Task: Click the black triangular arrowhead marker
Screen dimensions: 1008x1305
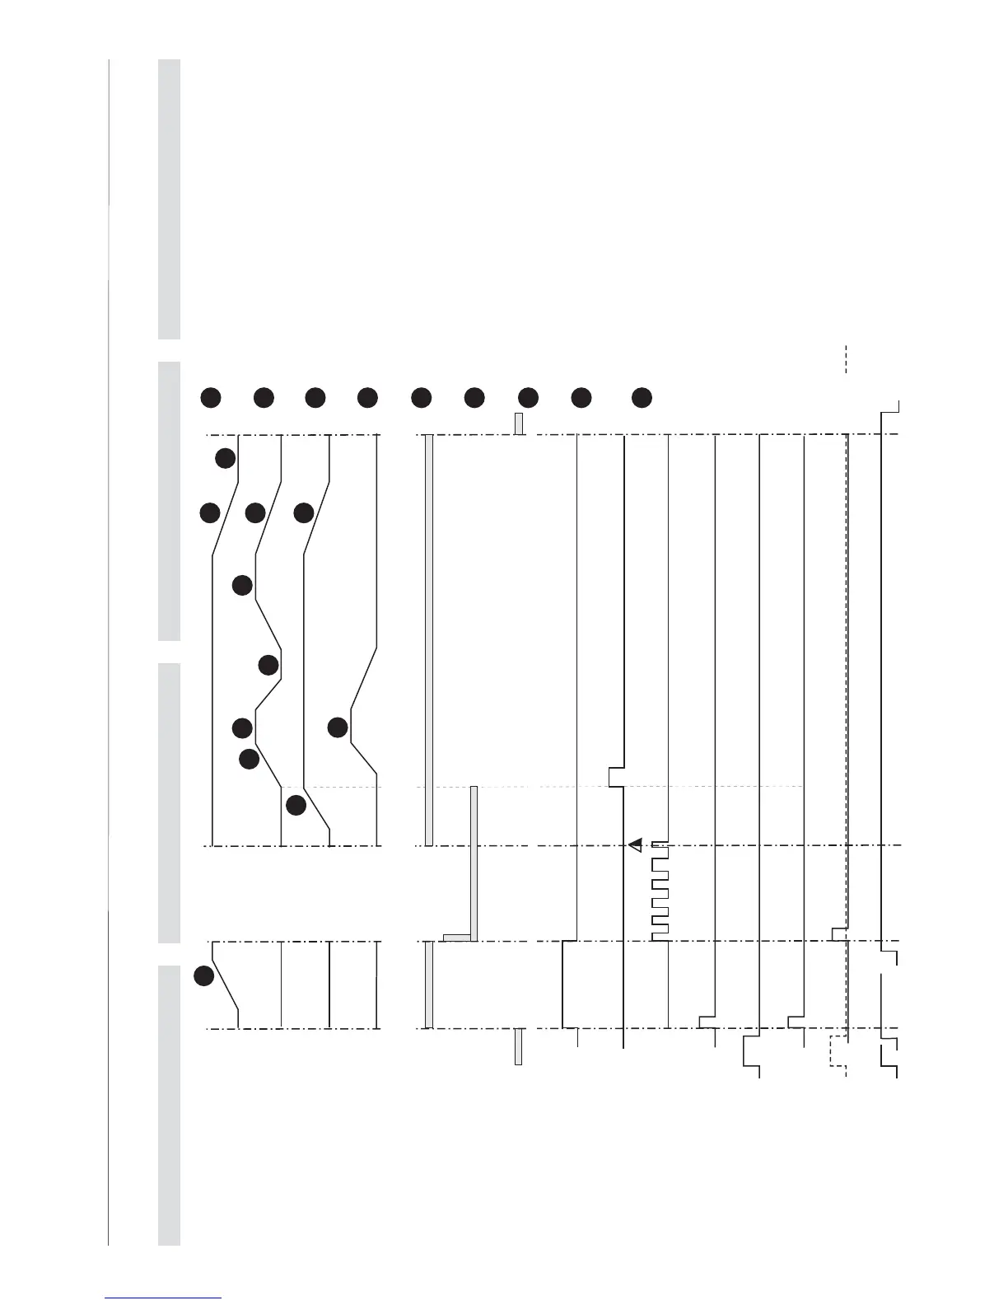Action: pyautogui.click(x=636, y=844)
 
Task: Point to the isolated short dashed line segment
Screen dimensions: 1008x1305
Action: pyautogui.click(x=846, y=358)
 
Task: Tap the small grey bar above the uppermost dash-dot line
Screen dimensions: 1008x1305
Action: pyautogui.click(x=519, y=423)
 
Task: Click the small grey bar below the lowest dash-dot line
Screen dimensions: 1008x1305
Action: pyautogui.click(x=518, y=1046)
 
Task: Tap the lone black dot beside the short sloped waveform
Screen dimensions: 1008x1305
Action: pyautogui.click(x=203, y=976)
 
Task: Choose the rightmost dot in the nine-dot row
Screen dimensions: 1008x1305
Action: pyautogui.click(x=642, y=397)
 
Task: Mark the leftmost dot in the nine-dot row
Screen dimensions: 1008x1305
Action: pyautogui.click(x=211, y=397)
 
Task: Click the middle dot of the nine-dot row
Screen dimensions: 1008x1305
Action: pyautogui.click(x=422, y=397)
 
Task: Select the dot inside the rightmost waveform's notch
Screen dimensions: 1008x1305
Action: pyautogui.click(x=338, y=727)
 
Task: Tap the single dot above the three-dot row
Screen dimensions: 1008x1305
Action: pyautogui.click(x=226, y=458)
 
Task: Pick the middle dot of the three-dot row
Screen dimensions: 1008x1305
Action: pyautogui.click(x=255, y=512)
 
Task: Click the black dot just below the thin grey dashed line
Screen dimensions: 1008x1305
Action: pyautogui.click(x=296, y=804)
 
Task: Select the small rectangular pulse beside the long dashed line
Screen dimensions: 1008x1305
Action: pyautogui.click(x=839, y=934)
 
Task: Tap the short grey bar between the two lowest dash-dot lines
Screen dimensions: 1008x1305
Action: pyautogui.click(x=429, y=985)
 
